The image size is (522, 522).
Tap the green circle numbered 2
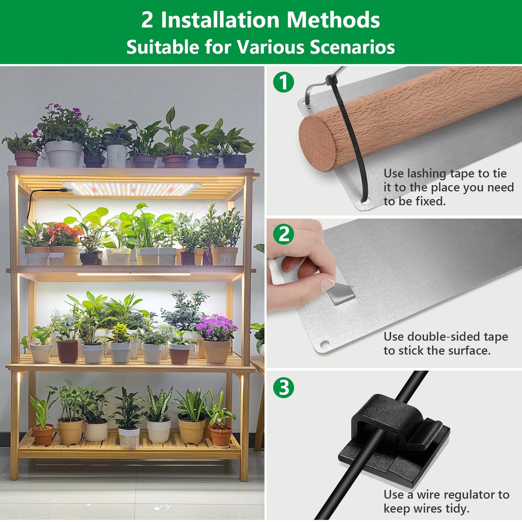[284, 234]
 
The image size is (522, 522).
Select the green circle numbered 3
[284, 388]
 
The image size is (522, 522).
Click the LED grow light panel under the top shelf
[132, 188]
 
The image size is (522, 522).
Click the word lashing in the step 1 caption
[427, 173]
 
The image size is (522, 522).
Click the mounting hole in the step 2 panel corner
[324, 344]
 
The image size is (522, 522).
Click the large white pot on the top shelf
[64, 154]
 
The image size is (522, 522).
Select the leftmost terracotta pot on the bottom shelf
[43, 435]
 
